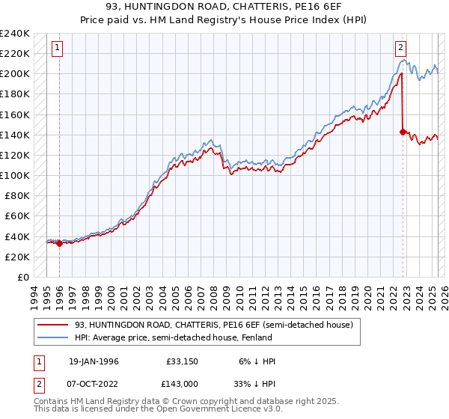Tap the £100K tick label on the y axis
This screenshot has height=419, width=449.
click(x=15, y=175)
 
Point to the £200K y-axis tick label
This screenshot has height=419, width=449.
click(x=15, y=73)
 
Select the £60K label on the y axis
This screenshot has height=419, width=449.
click(x=17, y=216)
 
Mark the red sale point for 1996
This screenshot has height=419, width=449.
click(x=60, y=242)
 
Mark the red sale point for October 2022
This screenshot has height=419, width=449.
click(x=403, y=132)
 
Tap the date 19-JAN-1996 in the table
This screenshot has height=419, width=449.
click(x=94, y=361)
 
